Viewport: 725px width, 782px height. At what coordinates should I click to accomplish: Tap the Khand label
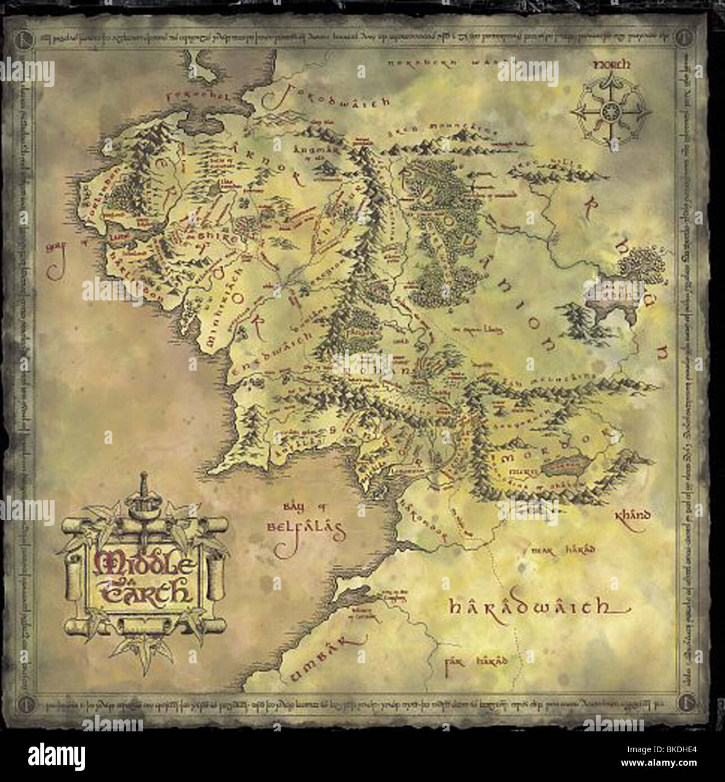(633, 514)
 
